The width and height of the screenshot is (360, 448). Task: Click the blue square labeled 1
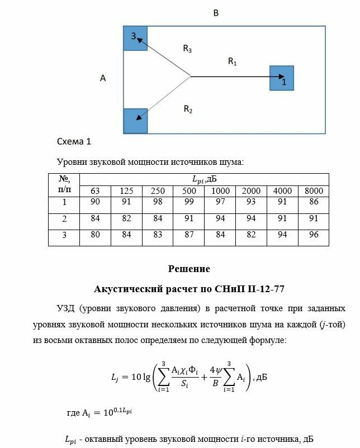[281, 78]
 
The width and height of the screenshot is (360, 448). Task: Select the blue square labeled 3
[135, 38]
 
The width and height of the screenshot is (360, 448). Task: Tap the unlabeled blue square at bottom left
[135, 121]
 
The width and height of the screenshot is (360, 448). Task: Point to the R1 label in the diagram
[233, 61]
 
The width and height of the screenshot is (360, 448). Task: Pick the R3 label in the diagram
[187, 49]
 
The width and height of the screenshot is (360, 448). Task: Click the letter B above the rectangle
[216, 12]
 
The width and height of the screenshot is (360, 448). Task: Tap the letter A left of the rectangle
[103, 79]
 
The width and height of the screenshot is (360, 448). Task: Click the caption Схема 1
[74, 142]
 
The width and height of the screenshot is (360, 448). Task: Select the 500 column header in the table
[189, 191]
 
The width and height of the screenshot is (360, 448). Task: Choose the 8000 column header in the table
[314, 191]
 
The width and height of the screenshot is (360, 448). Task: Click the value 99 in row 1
[189, 202]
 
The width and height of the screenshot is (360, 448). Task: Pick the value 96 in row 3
[314, 235]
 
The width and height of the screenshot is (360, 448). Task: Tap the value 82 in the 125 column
[126, 218]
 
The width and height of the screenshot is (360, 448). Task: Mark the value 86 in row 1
[314, 202]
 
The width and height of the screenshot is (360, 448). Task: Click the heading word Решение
[189, 269]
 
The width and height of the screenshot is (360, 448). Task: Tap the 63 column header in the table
[96, 191]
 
